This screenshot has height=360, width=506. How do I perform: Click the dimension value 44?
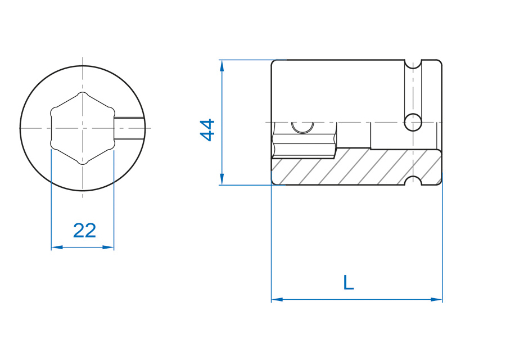point(207,130)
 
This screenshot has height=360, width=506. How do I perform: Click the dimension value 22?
point(84,231)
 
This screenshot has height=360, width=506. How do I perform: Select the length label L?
point(348,282)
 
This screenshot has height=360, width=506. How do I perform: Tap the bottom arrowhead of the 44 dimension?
point(222,179)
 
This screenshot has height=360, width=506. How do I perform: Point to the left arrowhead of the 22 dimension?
point(57,247)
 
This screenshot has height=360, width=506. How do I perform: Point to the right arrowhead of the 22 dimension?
point(108,247)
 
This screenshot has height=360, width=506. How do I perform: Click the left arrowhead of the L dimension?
point(277,300)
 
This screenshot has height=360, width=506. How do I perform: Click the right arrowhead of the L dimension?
point(436,300)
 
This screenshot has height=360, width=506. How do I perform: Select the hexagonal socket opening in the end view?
point(83,128)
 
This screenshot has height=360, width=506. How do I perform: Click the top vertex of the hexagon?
point(83,93)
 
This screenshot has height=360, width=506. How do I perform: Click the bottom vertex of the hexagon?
point(83,163)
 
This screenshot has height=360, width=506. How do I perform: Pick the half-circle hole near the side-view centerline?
point(302,128)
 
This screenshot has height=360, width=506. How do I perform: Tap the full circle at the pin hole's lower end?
point(413,123)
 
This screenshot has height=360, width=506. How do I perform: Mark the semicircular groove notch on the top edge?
point(413,65)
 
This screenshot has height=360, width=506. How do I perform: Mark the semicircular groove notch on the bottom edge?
point(413,181)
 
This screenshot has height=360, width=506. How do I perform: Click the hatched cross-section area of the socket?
point(356,167)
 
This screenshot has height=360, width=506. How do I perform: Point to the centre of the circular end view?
point(83,128)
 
